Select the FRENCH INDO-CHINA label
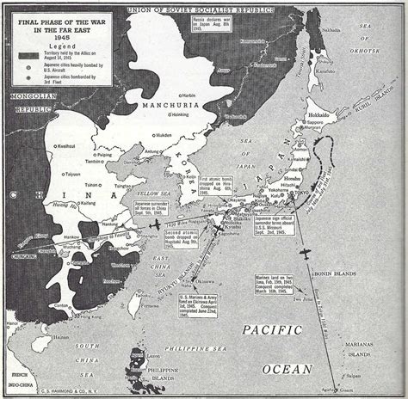point(12,376)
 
